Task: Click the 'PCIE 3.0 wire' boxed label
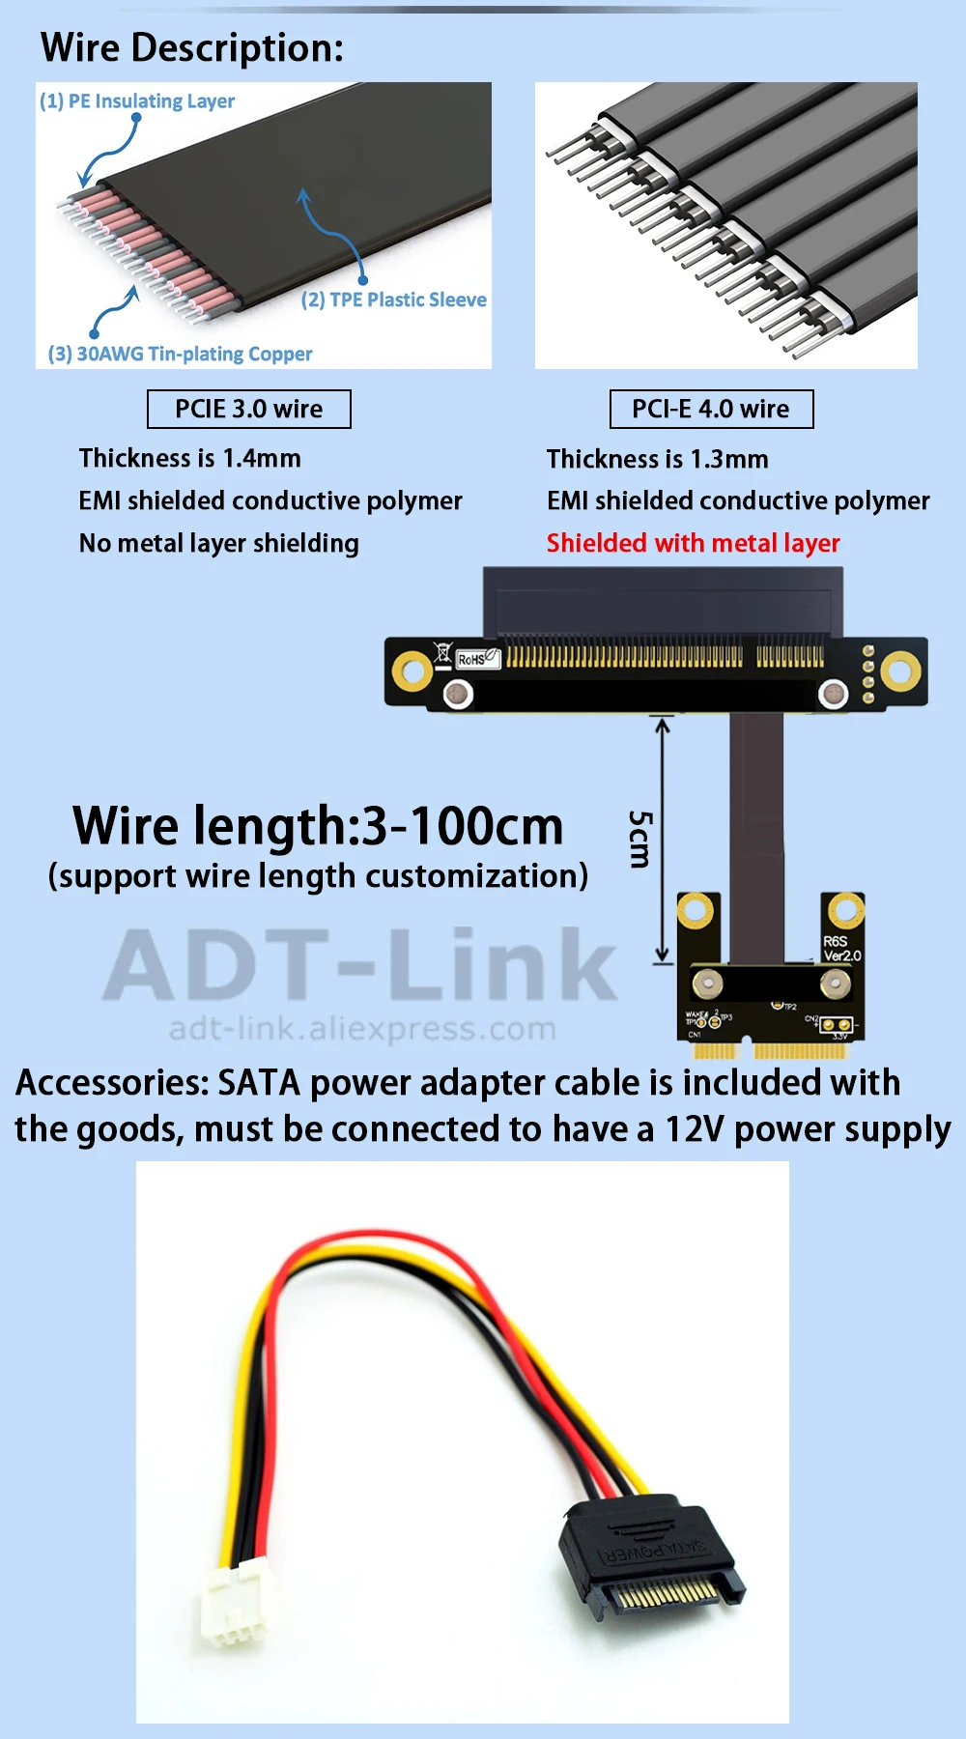(249, 409)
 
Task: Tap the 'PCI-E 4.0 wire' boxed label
(711, 409)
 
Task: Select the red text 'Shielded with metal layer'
(693, 543)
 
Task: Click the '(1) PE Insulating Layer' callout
(137, 101)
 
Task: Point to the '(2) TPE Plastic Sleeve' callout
(394, 299)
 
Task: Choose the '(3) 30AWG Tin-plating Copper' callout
(181, 354)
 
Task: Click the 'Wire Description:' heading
(192, 47)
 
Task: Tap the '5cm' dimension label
(639, 839)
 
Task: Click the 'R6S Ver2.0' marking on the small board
(840, 948)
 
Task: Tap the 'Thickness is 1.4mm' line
(190, 458)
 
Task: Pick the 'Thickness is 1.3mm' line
(658, 459)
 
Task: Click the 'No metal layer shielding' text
(219, 543)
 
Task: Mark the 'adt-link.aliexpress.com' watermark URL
(362, 1029)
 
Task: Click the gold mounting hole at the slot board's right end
(900, 670)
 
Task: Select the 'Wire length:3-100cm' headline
(318, 826)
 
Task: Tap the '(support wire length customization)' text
(318, 876)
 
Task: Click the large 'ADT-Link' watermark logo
(359, 964)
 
